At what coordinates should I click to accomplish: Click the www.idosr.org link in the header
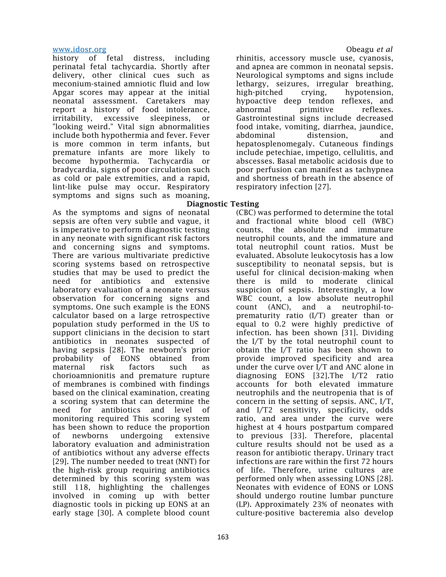(x=79, y=50)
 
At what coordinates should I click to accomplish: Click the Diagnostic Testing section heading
(x=223, y=204)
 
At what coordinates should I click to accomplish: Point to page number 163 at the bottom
(x=223, y=537)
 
